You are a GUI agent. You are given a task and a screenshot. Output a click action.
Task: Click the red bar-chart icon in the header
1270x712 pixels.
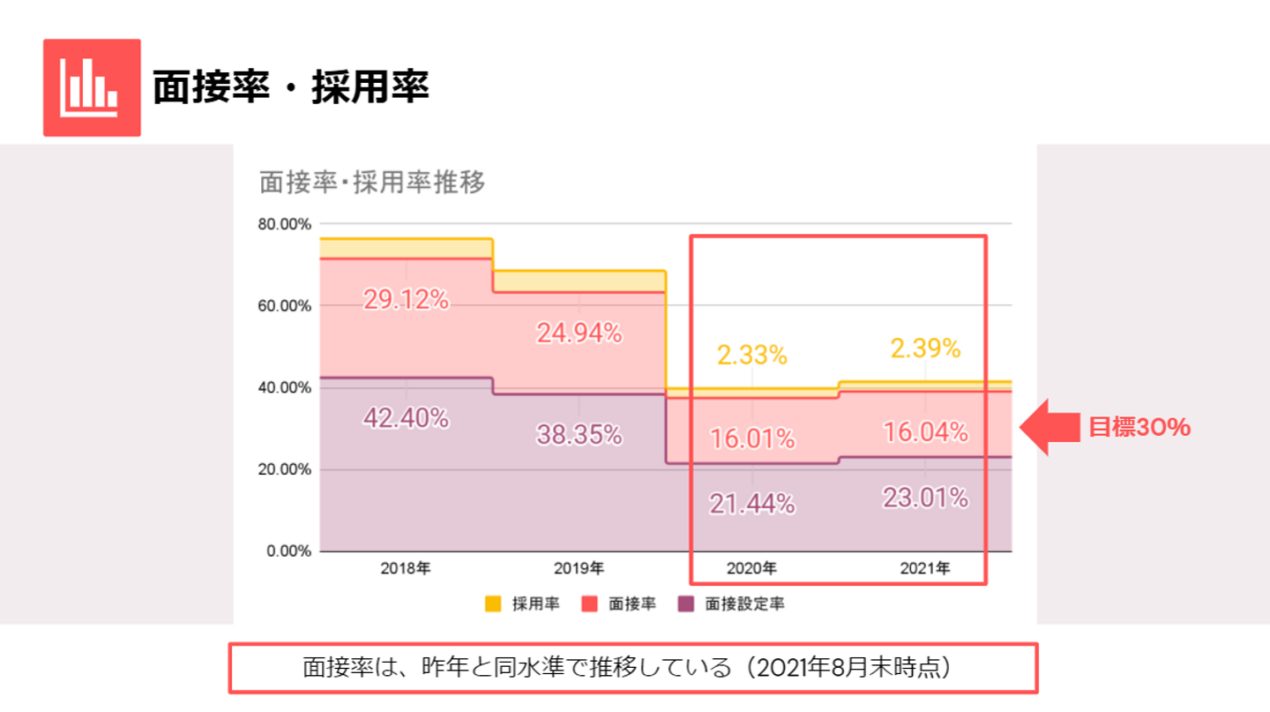pos(92,87)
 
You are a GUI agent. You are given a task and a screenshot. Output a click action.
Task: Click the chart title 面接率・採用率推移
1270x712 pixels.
pos(372,184)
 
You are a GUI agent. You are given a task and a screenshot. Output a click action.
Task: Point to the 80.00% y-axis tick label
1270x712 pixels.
pos(284,224)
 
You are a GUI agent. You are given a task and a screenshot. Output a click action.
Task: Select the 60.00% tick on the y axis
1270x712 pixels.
pos(284,306)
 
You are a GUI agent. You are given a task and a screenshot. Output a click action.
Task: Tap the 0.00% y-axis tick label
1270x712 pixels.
pos(288,551)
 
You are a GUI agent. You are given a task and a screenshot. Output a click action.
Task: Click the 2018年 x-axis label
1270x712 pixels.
pos(406,569)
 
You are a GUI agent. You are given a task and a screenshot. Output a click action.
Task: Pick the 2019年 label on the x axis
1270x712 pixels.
pos(579,569)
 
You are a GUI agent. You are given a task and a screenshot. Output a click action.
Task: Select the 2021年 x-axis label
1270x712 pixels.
pos(924,569)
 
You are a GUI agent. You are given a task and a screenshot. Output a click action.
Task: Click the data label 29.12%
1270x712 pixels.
pos(406,300)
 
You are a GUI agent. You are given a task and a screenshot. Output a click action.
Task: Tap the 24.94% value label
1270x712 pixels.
pos(579,333)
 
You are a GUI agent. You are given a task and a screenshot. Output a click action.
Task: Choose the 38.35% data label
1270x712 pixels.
pos(579,434)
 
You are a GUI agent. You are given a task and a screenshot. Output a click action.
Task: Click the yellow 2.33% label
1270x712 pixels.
pos(751,355)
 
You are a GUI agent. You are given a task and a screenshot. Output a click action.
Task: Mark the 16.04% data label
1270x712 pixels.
pos(924,432)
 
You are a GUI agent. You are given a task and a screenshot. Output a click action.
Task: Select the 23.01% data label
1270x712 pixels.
pos(924,498)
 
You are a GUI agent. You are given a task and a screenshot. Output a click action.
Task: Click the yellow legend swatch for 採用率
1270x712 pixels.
pos(493,604)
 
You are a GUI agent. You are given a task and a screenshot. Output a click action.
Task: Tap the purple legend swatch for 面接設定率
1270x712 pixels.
pos(685,604)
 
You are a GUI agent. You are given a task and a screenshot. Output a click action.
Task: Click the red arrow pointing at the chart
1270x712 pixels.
pos(1050,428)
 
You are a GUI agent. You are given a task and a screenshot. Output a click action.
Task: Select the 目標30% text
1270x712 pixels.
pos(1139,428)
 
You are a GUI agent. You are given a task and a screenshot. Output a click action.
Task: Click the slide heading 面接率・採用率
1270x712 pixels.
pos(290,87)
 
